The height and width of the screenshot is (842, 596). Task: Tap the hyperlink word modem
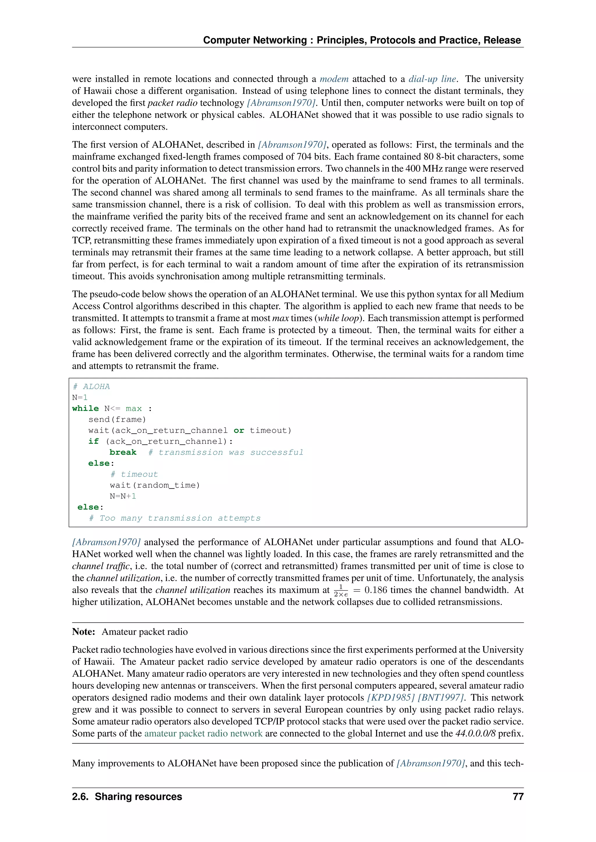tap(334, 79)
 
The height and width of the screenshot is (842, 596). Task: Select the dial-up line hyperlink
tap(432, 79)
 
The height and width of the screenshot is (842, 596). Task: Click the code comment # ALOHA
tap(91, 386)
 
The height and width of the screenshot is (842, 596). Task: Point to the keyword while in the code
tap(86, 408)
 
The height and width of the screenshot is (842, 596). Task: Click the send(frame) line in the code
tap(117, 420)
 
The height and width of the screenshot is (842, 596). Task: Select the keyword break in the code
tap(123, 452)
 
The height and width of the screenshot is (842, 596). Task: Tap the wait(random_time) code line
tap(155, 485)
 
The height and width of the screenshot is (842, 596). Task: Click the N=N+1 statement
tap(123, 496)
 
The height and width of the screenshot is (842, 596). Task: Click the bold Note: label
tap(84, 631)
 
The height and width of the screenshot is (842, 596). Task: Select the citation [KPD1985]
tap(391, 697)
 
